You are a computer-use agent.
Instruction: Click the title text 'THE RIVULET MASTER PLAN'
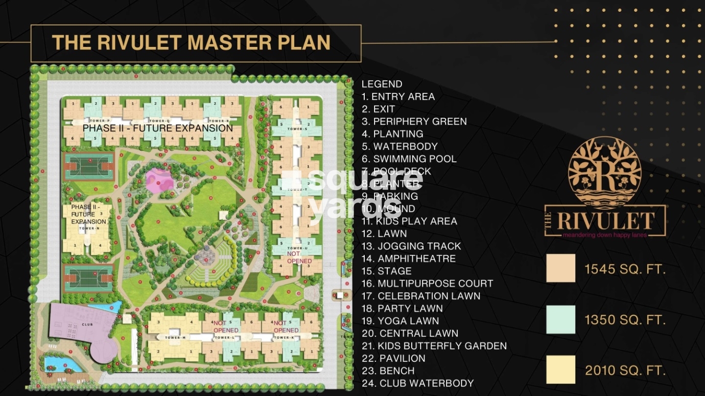coord(191,43)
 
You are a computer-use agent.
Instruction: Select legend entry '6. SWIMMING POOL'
coord(409,159)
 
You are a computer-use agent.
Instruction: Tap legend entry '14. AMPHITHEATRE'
coord(408,259)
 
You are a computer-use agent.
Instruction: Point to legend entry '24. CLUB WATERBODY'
coord(418,383)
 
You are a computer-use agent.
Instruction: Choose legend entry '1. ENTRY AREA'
coord(398,96)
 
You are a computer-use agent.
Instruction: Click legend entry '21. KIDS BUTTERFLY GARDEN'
coord(434,346)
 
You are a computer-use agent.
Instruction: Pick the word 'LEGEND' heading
coord(382,84)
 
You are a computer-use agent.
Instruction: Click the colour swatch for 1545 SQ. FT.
coord(561,268)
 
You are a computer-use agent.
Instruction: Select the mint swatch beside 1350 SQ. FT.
coord(561,320)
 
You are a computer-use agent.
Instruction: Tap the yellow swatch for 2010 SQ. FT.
coord(561,369)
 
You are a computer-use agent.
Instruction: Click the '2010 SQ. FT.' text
coord(625,370)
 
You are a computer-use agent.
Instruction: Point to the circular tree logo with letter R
coord(605,174)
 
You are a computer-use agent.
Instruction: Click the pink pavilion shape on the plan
coord(160,180)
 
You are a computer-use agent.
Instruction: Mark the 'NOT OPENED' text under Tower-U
coord(299,258)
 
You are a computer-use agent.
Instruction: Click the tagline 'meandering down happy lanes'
coord(605,235)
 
